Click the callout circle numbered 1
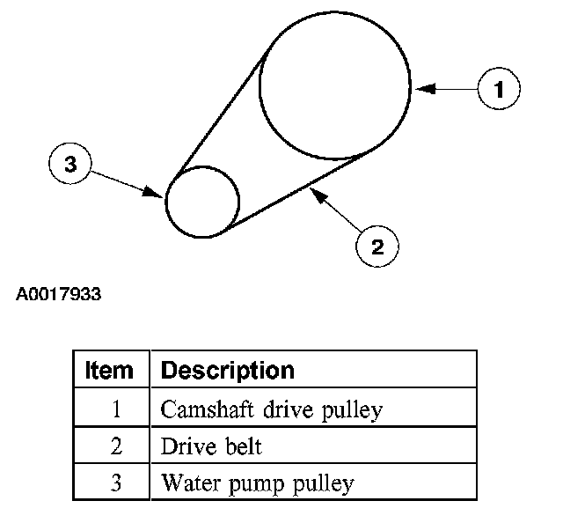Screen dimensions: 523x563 (499, 88)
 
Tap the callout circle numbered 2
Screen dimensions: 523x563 (377, 247)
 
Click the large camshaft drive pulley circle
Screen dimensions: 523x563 (335, 86)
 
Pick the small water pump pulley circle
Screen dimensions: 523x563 (202, 202)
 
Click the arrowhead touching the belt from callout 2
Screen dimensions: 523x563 (314, 189)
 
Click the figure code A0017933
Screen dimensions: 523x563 (58, 294)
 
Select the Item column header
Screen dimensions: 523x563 (110, 369)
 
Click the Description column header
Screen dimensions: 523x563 (227, 369)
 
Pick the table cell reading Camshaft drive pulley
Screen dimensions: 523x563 (272, 409)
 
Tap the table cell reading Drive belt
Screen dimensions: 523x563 (211, 446)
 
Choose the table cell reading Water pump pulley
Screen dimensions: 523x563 (257, 482)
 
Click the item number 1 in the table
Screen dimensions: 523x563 (115, 409)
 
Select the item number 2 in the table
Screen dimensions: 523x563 (115, 446)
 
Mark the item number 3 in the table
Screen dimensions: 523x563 (115, 482)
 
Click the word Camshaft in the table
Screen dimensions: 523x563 (198, 409)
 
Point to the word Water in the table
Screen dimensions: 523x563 (185, 482)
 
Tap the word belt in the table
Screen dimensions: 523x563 (243, 446)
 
